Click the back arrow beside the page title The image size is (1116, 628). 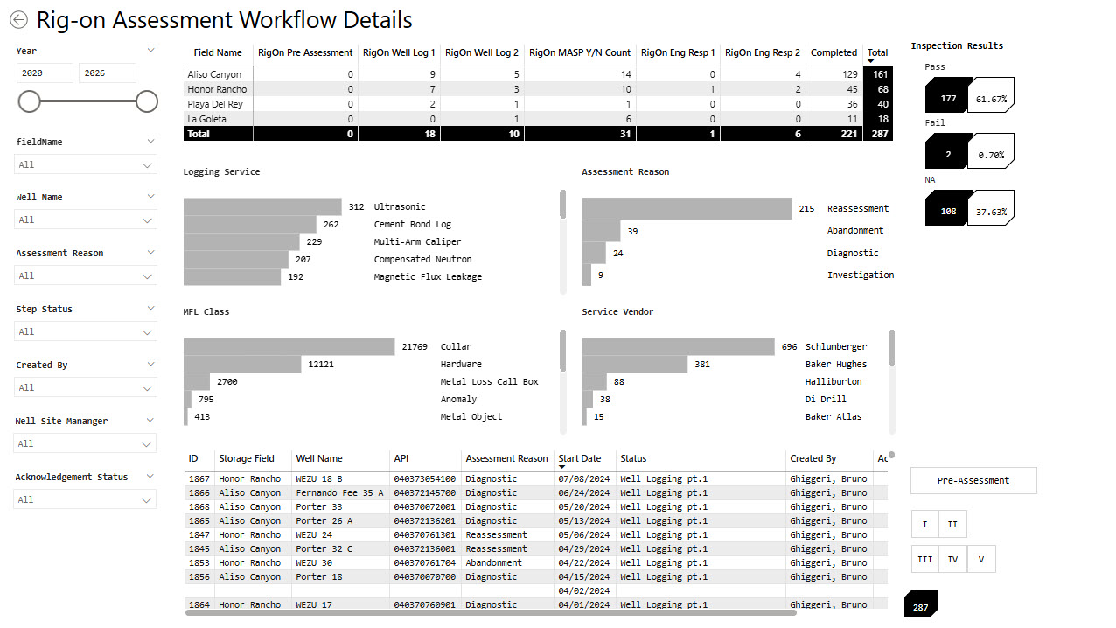[19, 20]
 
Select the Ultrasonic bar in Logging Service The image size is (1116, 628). [262, 206]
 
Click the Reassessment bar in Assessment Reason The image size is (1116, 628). [687, 208]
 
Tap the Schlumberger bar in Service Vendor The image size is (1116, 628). [679, 346]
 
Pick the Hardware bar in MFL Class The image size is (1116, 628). [242, 364]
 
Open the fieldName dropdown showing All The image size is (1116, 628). [86, 164]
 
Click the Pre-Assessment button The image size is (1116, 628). [973, 480]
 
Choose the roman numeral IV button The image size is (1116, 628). [952, 559]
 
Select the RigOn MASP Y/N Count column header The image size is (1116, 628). [579, 52]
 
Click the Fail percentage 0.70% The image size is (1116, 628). [991, 155]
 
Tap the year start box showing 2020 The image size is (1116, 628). [45, 73]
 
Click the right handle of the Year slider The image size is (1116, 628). [146, 101]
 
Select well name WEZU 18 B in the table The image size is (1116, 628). [319, 478]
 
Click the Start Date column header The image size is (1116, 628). [579, 458]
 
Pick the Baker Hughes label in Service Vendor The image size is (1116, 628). [836, 365]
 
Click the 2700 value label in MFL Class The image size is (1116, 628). [227, 381]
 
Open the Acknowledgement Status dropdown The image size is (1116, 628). [85, 499]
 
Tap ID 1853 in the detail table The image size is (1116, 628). [199, 562]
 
